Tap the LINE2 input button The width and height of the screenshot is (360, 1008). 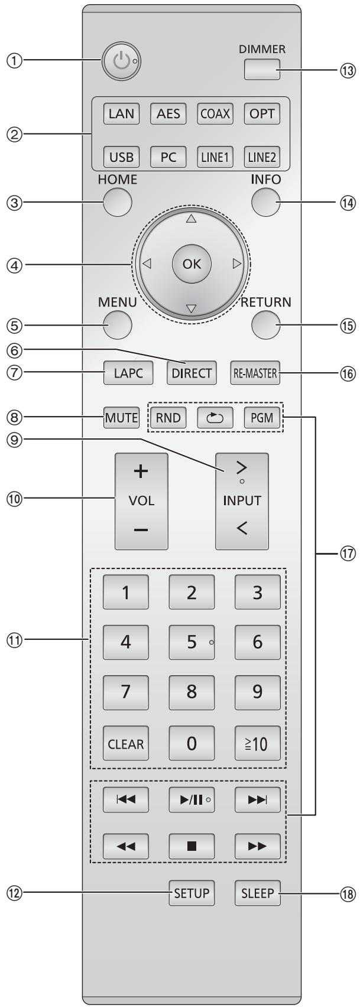click(262, 158)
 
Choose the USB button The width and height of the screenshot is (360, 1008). click(121, 158)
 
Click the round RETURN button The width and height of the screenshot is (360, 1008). click(265, 323)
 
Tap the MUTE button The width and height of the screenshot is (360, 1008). click(122, 419)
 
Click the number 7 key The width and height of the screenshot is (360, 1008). click(125, 691)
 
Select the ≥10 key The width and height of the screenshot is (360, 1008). click(257, 743)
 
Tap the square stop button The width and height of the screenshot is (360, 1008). click(192, 846)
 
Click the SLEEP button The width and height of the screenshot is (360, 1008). click(257, 893)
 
